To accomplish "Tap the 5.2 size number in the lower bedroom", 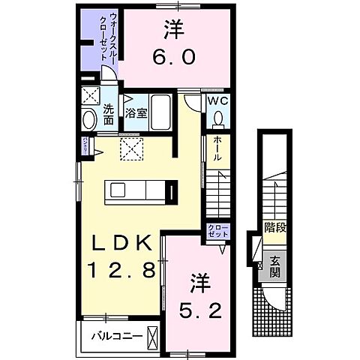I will (198, 308).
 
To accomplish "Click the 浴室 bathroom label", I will (136, 115).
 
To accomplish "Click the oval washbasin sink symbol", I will (88, 119).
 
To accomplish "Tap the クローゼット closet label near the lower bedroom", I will (218, 232).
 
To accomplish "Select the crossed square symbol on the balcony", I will (153, 334).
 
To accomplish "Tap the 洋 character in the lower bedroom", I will (199, 283).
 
